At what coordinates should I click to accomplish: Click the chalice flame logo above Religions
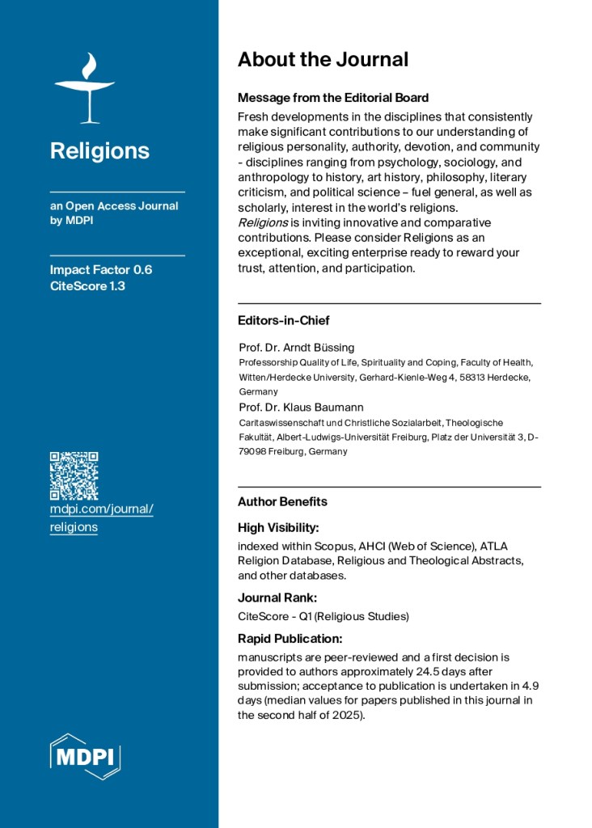84,88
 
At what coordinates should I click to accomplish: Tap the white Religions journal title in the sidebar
99,151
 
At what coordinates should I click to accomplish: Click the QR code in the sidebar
74,475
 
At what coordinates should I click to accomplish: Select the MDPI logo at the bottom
86,757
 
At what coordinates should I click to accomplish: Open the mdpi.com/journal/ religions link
101,517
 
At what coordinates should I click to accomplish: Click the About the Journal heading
323,59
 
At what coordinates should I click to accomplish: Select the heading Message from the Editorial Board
332,98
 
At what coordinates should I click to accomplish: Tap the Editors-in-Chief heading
283,320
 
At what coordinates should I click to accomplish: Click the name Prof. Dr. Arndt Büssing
297,348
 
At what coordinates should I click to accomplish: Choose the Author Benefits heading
282,501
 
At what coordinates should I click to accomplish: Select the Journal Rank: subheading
277,598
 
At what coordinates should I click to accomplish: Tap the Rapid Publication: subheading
289,638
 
